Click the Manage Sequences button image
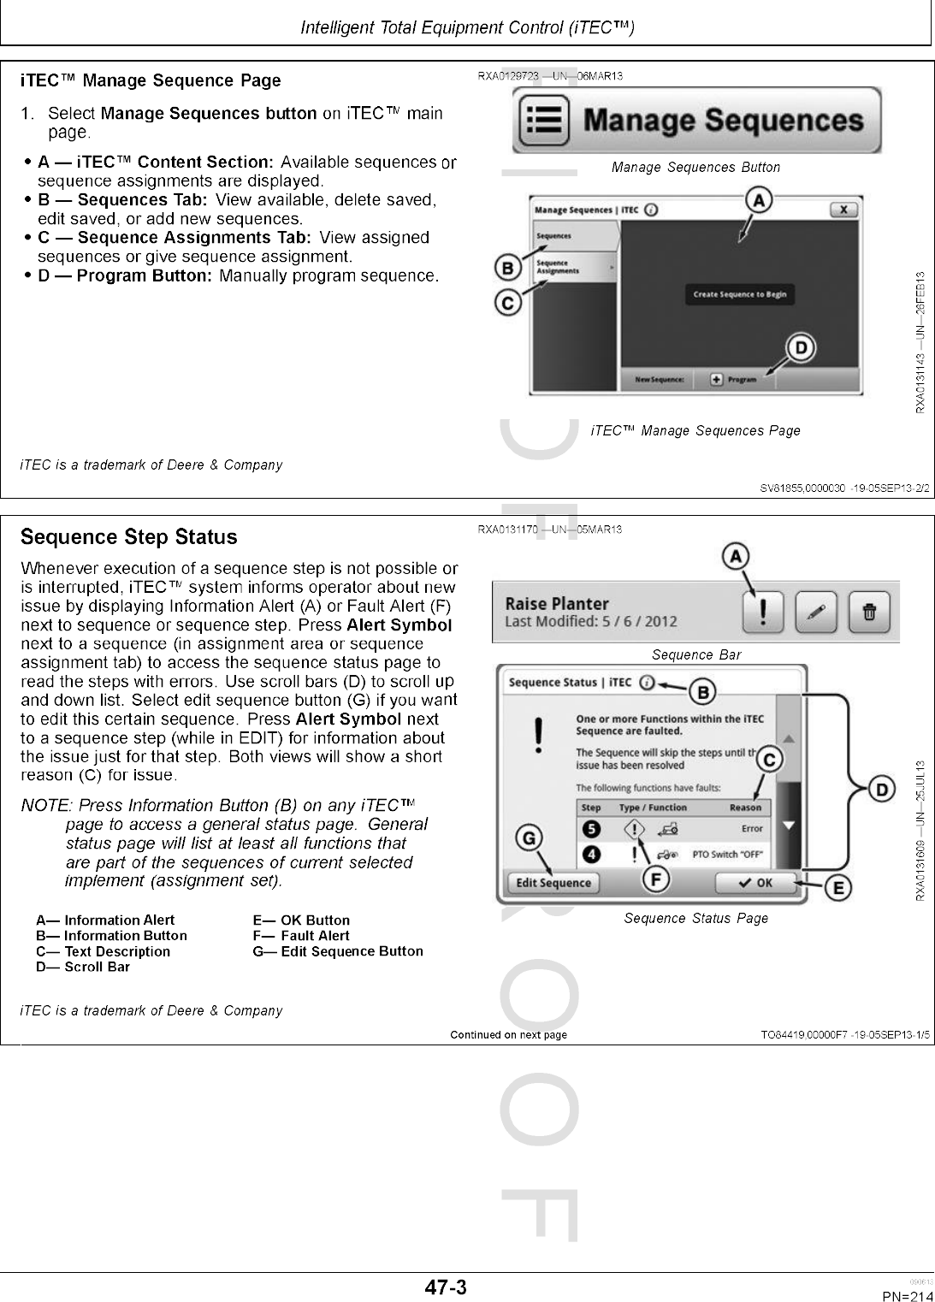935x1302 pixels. click(x=696, y=121)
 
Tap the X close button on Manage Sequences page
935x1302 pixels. click(x=843, y=210)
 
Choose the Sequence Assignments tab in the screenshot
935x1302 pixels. click(x=574, y=267)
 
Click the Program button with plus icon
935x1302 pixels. click(x=735, y=380)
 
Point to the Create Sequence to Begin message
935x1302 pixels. click(x=740, y=294)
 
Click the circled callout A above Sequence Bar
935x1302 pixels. click(x=735, y=557)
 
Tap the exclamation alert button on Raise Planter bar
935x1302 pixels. click(x=763, y=612)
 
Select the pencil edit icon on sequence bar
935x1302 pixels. click(x=816, y=612)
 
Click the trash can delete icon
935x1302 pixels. click(x=869, y=612)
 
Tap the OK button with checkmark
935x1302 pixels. click(x=755, y=883)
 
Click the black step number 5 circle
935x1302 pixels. click(x=591, y=828)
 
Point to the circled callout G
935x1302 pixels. click(x=530, y=837)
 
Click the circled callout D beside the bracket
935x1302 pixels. click(x=882, y=788)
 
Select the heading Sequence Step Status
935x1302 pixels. click(x=128, y=537)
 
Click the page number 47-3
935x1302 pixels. click(x=447, y=1287)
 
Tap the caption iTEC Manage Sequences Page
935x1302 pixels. click(x=695, y=431)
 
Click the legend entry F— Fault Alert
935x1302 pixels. click(x=301, y=936)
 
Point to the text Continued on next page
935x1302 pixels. click(x=508, y=1035)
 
